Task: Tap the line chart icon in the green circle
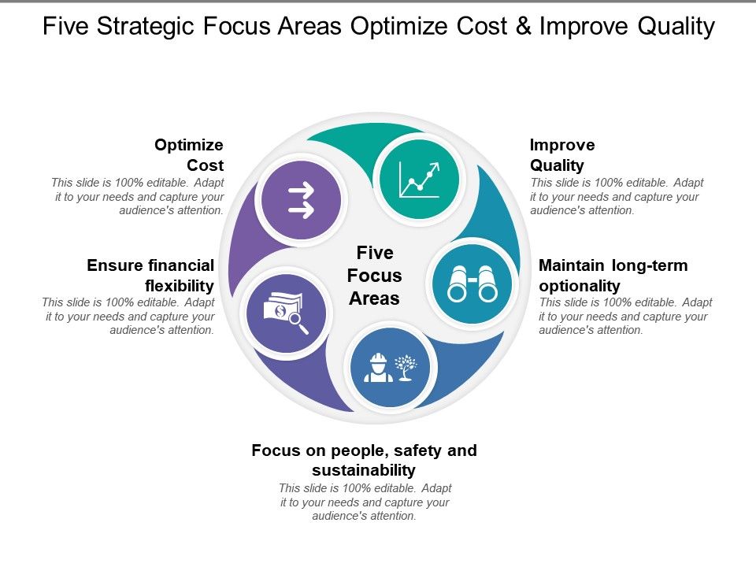pyautogui.click(x=419, y=180)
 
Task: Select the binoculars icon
pyautogui.click(x=472, y=283)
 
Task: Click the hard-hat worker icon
pyautogui.click(x=378, y=368)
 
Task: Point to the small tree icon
pyautogui.click(x=406, y=367)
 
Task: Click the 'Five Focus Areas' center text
pyautogui.click(x=375, y=276)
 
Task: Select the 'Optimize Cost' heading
pyautogui.click(x=190, y=155)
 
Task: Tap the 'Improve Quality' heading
pyautogui.click(x=562, y=155)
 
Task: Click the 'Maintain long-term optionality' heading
pyautogui.click(x=613, y=275)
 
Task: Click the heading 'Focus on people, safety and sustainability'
pyautogui.click(x=364, y=460)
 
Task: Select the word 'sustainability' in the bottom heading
pyautogui.click(x=364, y=470)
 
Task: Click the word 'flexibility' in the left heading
pyautogui.click(x=180, y=285)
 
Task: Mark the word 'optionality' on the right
pyautogui.click(x=580, y=285)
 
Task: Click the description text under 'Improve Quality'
pyautogui.click(x=617, y=196)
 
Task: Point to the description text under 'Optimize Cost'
pyautogui.click(x=138, y=196)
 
